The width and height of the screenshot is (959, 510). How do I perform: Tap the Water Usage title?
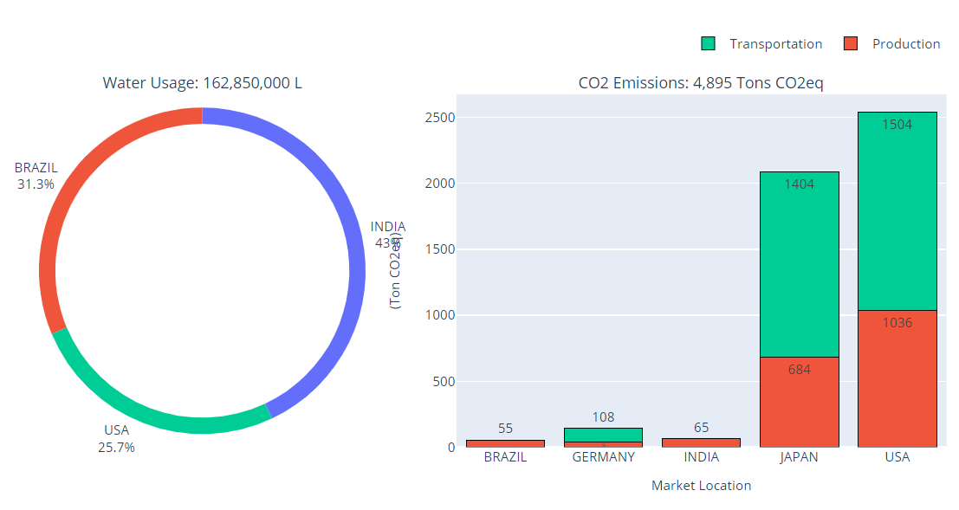coord(203,84)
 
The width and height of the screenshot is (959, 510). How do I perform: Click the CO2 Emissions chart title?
coord(701,84)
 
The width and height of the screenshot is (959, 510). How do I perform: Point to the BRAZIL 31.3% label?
coord(36,176)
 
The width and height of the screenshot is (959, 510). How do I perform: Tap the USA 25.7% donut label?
coord(119,439)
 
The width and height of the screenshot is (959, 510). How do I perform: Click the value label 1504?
coord(897,125)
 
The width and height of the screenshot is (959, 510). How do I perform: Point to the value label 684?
coord(799,370)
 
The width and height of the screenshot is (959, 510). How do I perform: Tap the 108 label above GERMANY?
coord(604,417)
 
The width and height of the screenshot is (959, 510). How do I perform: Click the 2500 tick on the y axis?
coord(441,118)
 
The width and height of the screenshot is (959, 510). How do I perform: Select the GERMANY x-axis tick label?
coord(604,457)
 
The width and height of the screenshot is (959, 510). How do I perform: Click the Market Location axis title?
coord(701,486)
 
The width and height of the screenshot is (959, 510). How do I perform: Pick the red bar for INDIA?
coord(701,442)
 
